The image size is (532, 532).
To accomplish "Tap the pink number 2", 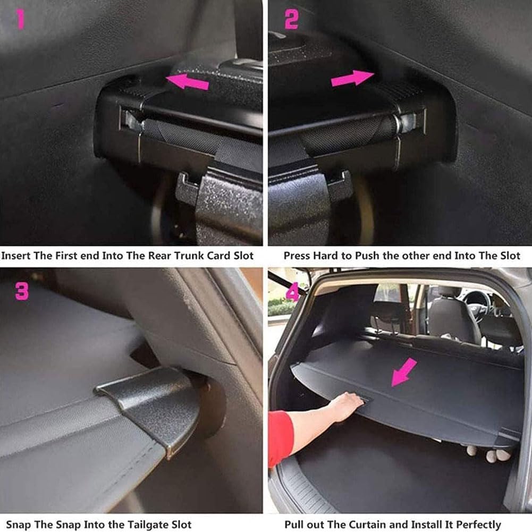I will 291,20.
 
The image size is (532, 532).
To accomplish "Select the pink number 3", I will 22,291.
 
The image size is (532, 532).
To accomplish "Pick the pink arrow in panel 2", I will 352,78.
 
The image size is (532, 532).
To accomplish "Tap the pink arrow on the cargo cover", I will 404,371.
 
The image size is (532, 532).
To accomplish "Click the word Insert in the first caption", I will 16,256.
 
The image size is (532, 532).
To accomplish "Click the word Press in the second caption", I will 295,256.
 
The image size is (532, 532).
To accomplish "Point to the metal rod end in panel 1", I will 130,120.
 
